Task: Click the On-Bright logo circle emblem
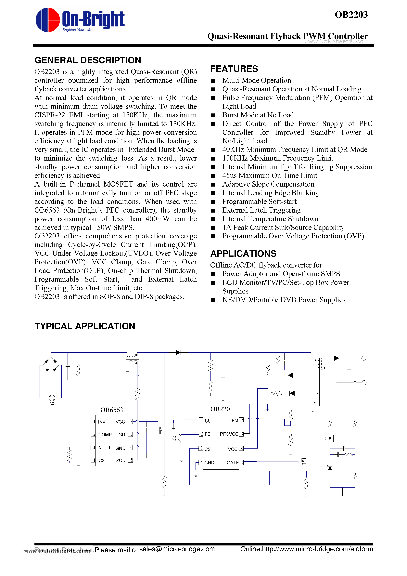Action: pyautogui.click(x=48, y=20)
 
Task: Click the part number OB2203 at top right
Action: pyautogui.click(x=351, y=15)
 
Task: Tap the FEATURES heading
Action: pyautogui.click(x=234, y=69)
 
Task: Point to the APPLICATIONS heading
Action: pyautogui.click(x=243, y=254)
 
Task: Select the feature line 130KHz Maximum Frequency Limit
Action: pyautogui.click(x=277, y=158)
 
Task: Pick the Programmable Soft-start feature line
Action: pyautogui.click(x=259, y=202)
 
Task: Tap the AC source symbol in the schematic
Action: pyautogui.click(x=52, y=398)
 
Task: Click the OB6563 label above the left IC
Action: pyautogui.click(x=112, y=410)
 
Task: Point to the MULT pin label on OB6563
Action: pyautogui.click(x=104, y=448)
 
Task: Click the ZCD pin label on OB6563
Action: pyautogui.click(x=121, y=460)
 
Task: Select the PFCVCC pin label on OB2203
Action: pyautogui.click(x=229, y=434)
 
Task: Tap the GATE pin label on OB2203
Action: pyautogui.click(x=233, y=463)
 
